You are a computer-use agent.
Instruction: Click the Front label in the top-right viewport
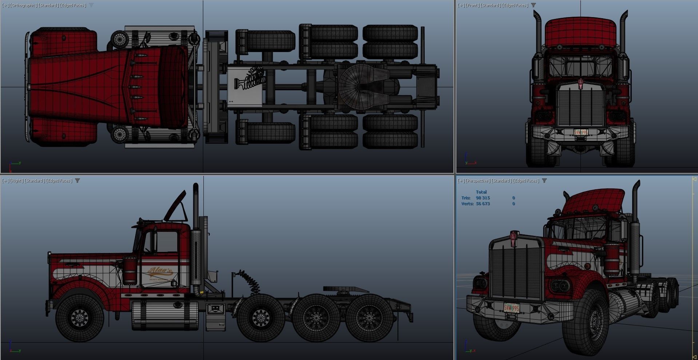pos(472,5)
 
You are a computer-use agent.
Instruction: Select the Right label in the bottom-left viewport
pos(16,181)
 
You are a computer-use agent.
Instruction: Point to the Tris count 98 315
pos(483,198)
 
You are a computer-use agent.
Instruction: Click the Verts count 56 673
pos(483,204)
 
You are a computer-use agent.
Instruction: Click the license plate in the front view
pos(580,132)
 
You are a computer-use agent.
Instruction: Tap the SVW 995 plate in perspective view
pos(511,308)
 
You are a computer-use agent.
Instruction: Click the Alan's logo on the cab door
pos(160,271)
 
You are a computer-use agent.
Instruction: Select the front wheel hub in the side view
pos(79,318)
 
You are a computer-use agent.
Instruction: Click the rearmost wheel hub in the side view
pos(369,318)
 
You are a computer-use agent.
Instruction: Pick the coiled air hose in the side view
pos(250,280)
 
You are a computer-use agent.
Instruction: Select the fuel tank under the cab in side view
pos(166,315)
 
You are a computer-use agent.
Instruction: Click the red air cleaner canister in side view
pos(130,271)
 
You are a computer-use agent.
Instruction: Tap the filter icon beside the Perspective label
pos(544,181)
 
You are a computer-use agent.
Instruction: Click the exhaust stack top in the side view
pos(195,187)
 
